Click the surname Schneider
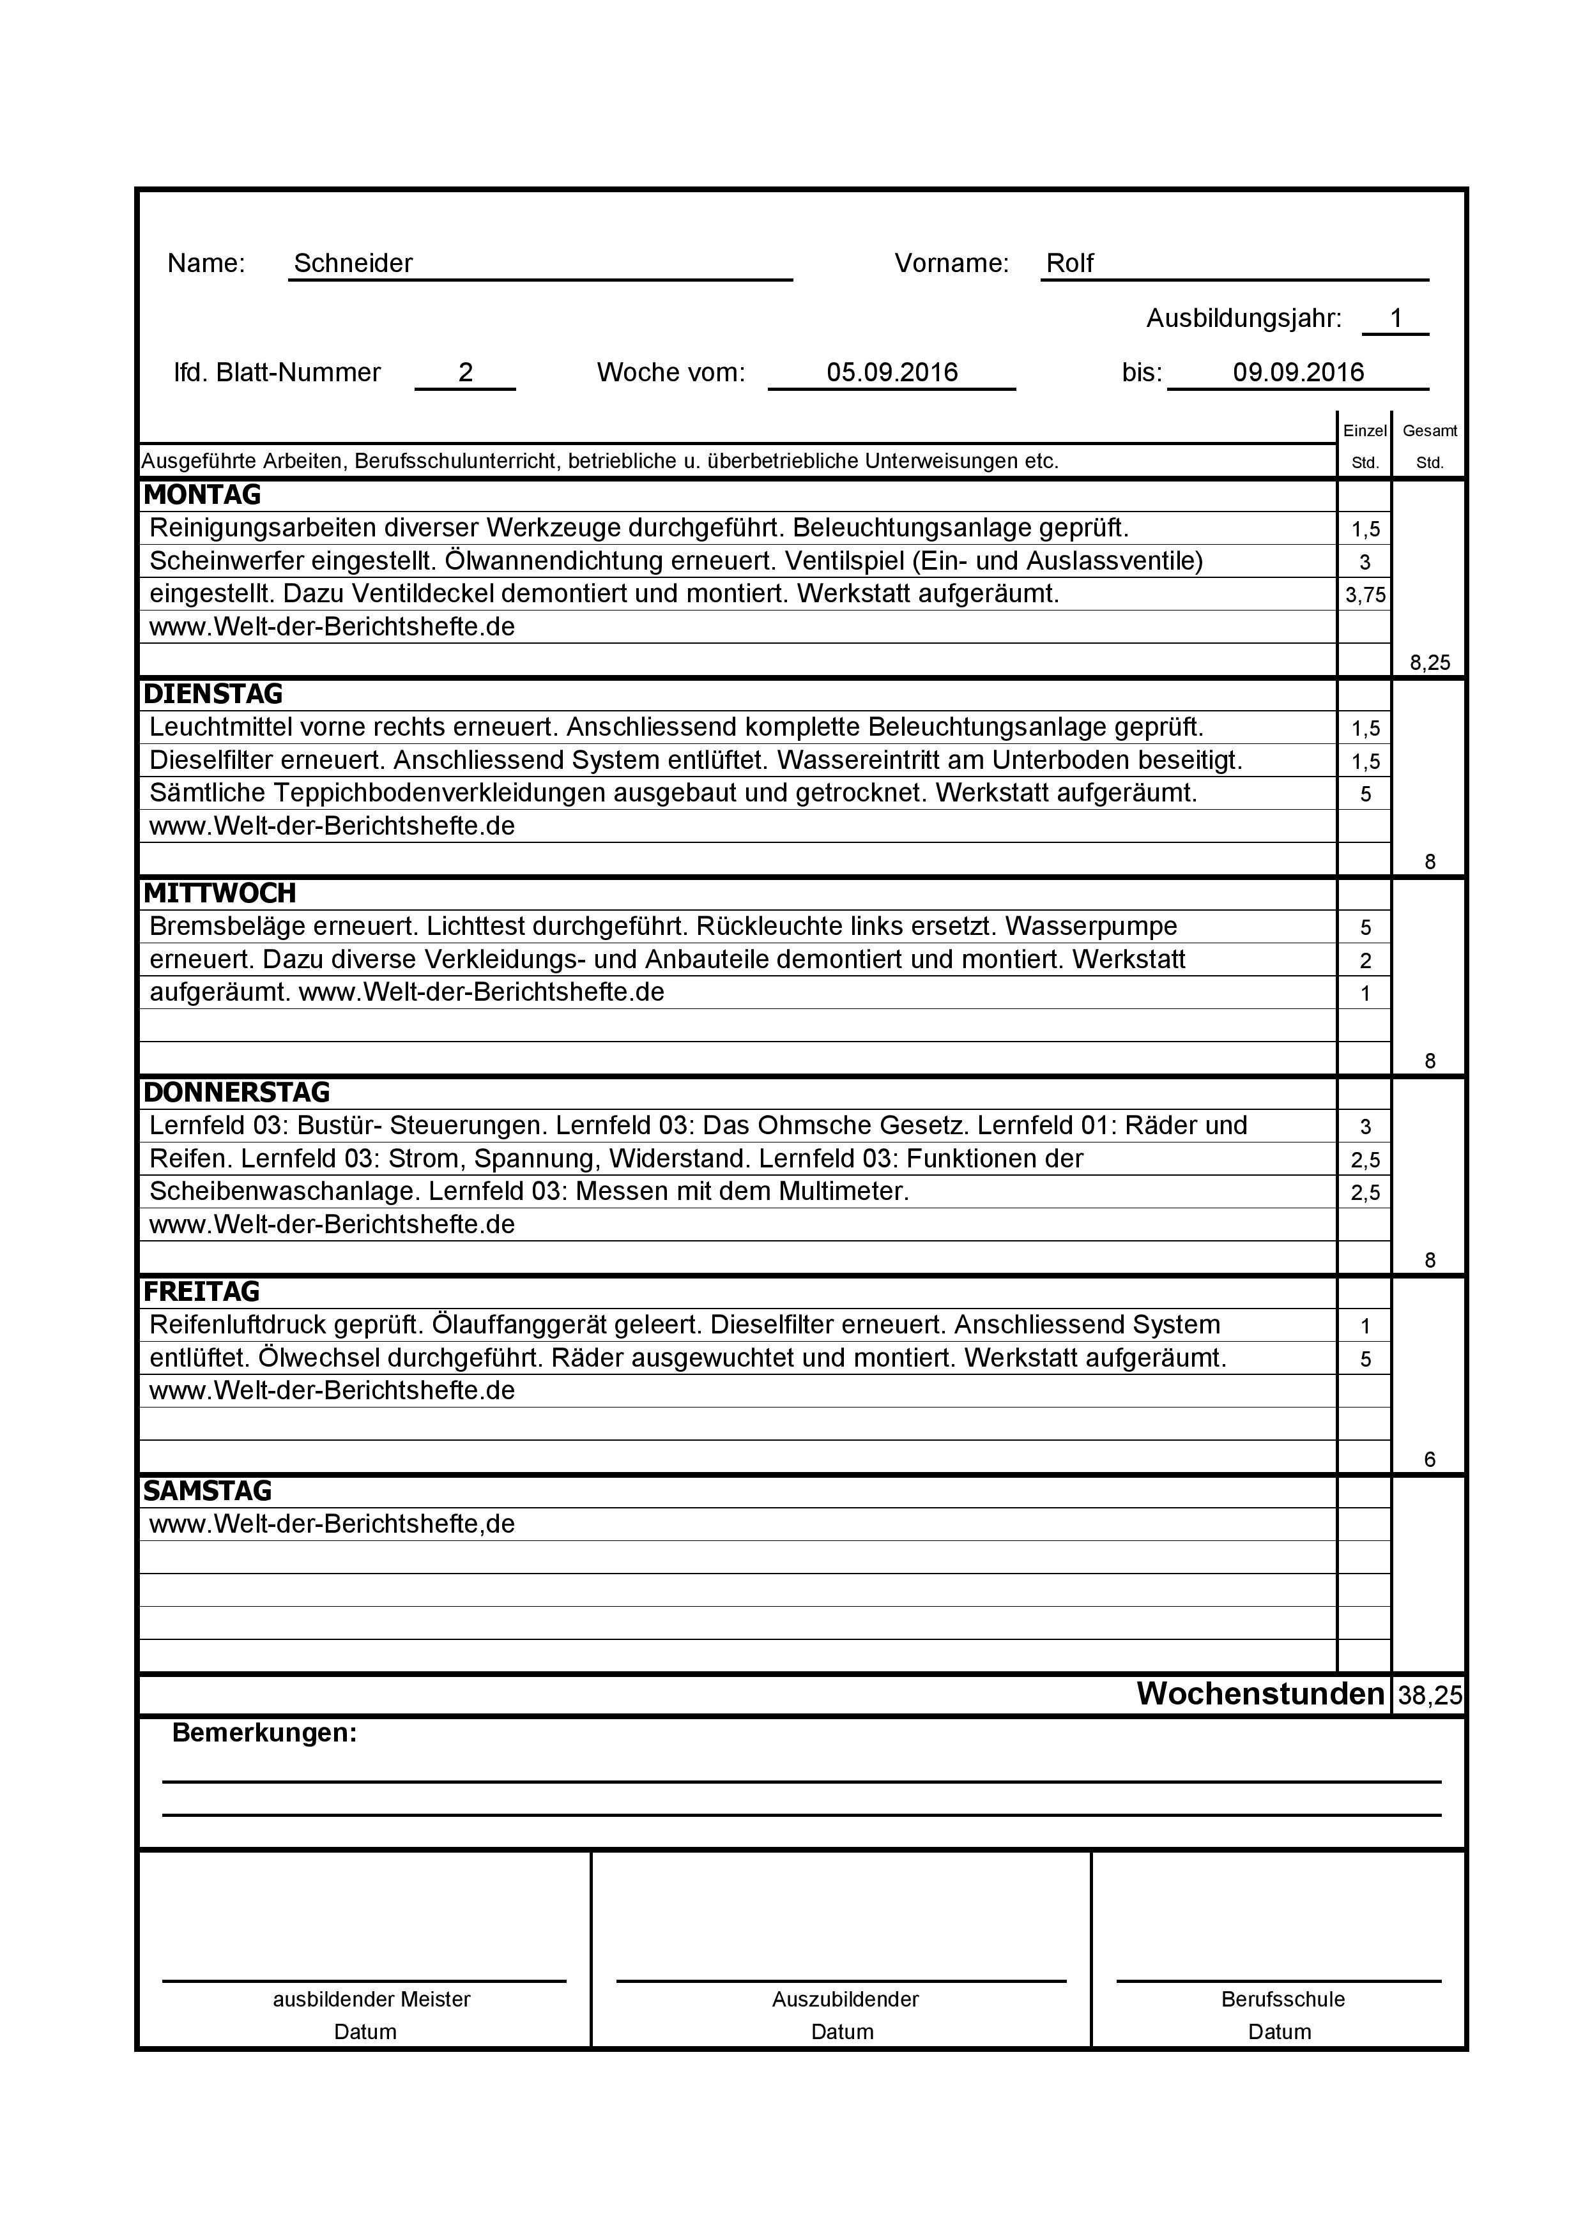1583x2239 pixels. pyautogui.click(x=353, y=263)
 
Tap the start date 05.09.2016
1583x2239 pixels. pyautogui.click(x=891, y=372)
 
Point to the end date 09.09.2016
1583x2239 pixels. pyautogui.click(x=1297, y=372)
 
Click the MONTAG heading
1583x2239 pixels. pyautogui.click(x=202, y=496)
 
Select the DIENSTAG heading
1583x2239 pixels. pyautogui.click(x=213, y=694)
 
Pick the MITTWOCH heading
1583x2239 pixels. pyautogui.click(x=220, y=893)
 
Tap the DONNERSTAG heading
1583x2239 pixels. pyautogui.click(x=236, y=1092)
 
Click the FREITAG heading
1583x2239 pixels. pyautogui.click(x=201, y=1291)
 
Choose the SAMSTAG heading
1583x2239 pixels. pyautogui.click(x=207, y=1491)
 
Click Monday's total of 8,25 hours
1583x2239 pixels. pyautogui.click(x=1429, y=663)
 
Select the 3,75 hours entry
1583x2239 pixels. pyautogui.click(x=1365, y=595)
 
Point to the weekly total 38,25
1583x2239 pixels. pyautogui.click(x=1429, y=1696)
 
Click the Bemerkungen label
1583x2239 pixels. pyautogui.click(x=264, y=1733)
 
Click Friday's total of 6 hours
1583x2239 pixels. pyautogui.click(x=1429, y=1460)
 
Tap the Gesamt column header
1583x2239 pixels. pyautogui.click(x=1429, y=431)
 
